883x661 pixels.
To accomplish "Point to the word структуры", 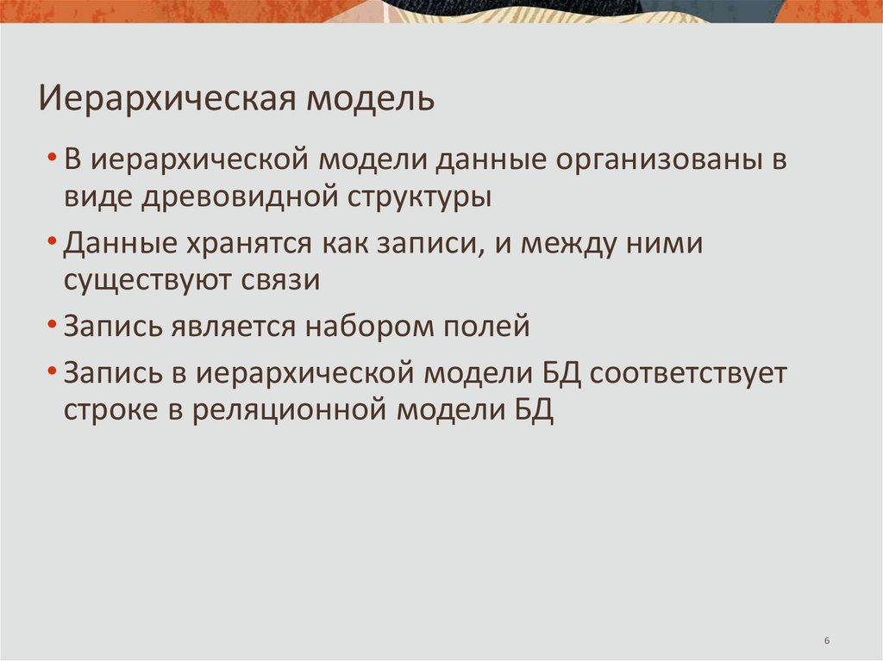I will [x=420, y=197].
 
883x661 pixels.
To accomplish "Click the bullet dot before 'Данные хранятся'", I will [x=54, y=246].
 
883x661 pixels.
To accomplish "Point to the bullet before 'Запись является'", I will [x=54, y=328].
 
